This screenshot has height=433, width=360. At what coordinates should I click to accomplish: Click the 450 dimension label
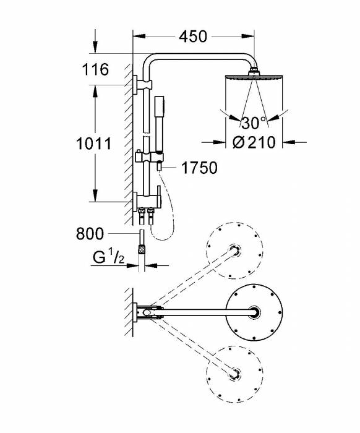click(x=193, y=36)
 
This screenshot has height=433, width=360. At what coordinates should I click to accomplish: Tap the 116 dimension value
click(x=95, y=69)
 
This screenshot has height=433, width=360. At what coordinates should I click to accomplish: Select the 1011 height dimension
click(x=93, y=144)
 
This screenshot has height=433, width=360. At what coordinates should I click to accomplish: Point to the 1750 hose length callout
click(x=199, y=168)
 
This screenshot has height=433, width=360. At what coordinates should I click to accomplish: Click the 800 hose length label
click(x=90, y=234)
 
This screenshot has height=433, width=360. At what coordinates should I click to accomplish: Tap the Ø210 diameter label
click(x=254, y=142)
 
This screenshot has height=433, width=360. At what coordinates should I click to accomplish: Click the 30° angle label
click(x=253, y=123)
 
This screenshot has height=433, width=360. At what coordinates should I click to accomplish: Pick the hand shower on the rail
click(x=159, y=124)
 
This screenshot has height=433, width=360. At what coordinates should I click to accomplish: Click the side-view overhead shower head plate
click(x=254, y=77)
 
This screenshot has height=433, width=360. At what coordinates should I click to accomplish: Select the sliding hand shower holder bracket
click(x=149, y=158)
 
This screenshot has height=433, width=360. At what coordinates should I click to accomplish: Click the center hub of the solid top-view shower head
click(x=254, y=312)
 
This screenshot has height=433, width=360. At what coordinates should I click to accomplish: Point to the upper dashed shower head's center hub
click(x=234, y=251)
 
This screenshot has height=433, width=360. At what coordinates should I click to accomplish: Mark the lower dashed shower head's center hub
click(x=234, y=374)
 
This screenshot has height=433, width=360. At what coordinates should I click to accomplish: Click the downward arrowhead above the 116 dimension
click(x=95, y=46)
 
